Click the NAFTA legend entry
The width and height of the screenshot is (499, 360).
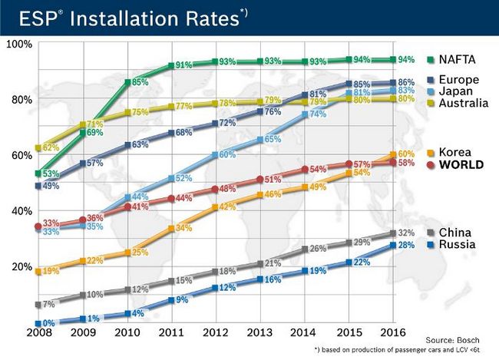coord(460,59)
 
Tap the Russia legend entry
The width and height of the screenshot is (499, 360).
coord(459,245)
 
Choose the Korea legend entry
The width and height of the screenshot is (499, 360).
coord(458,153)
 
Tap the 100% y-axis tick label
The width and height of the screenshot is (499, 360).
coord(19,44)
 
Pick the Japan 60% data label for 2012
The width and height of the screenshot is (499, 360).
coord(226,155)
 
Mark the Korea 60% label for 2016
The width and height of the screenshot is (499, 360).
coord(408,155)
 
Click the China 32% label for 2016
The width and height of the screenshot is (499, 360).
coord(408,233)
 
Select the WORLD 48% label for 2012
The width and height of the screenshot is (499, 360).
coord(227,189)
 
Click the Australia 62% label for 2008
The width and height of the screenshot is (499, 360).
coord(51,147)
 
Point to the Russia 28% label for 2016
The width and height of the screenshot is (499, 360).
coord(408,245)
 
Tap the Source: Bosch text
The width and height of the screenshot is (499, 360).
coord(458,339)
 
